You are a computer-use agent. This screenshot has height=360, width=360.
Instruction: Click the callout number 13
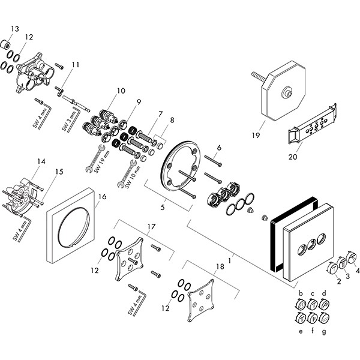click(14, 28)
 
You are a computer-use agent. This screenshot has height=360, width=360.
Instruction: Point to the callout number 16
click(102, 196)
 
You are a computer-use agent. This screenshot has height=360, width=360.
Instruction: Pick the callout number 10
click(121, 91)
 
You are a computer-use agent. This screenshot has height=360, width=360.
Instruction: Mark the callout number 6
click(219, 147)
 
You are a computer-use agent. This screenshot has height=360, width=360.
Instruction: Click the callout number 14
click(41, 161)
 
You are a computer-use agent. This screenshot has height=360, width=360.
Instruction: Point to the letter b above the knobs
click(299, 293)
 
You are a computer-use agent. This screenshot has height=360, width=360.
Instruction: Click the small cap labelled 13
click(7, 43)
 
